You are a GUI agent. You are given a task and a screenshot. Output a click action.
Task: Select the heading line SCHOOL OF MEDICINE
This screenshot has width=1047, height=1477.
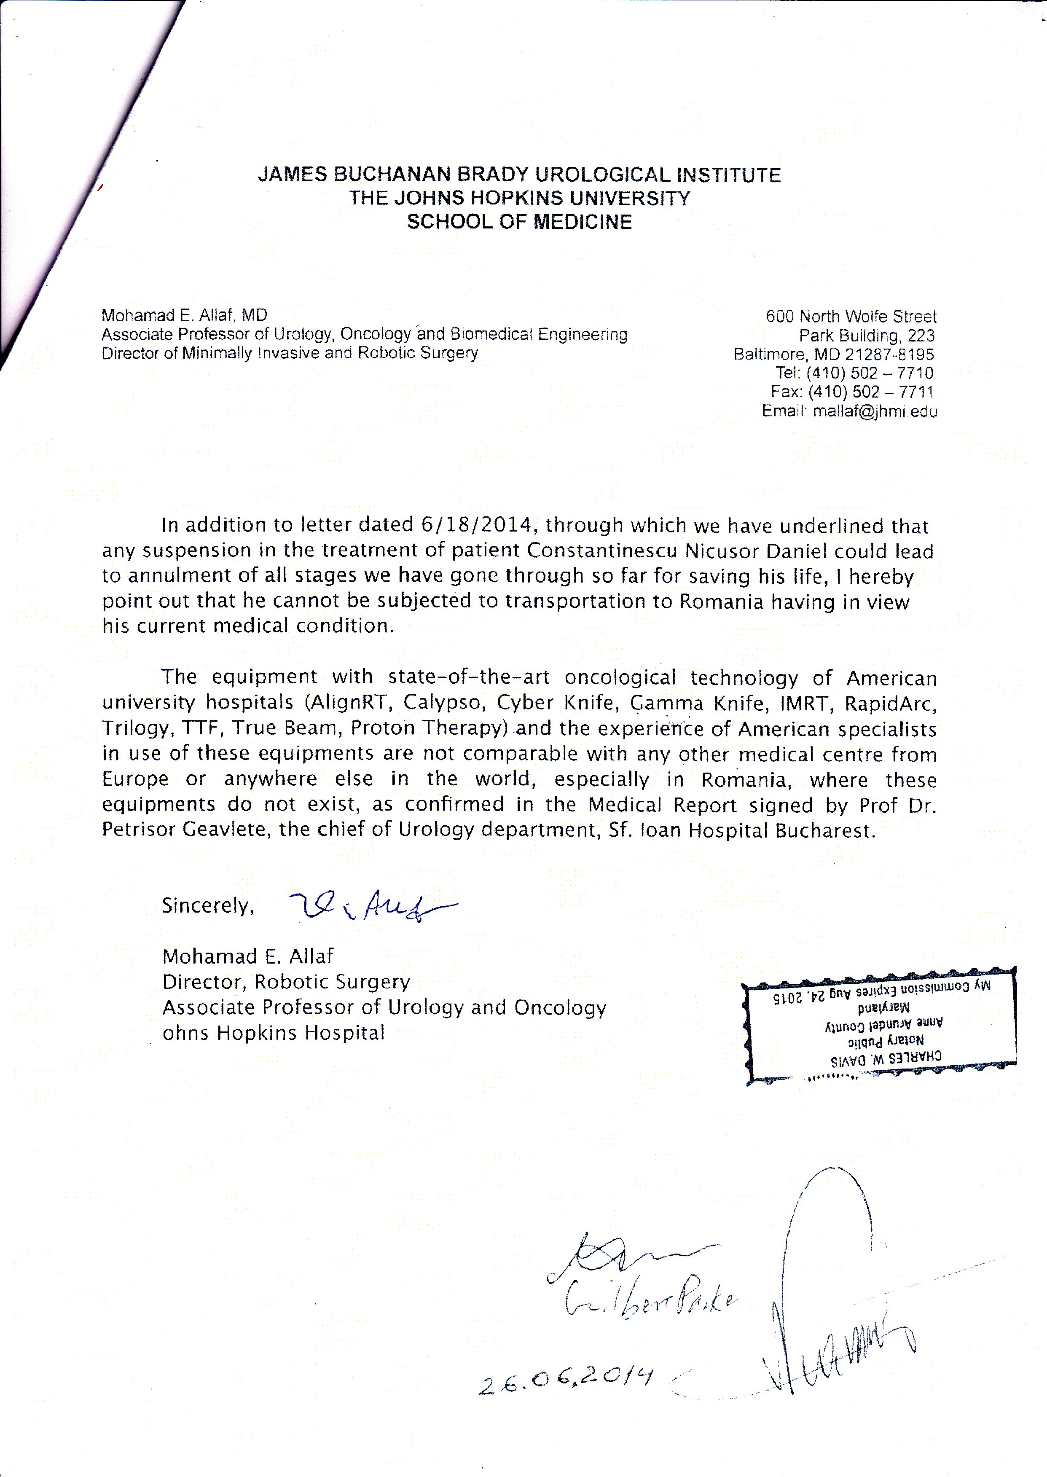point(519,223)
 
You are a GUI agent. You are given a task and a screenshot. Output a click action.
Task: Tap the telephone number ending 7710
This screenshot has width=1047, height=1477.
point(870,373)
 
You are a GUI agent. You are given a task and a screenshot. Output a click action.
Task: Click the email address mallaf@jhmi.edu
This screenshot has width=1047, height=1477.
point(875,411)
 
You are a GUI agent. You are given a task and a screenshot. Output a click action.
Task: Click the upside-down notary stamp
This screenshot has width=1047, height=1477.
point(880,1025)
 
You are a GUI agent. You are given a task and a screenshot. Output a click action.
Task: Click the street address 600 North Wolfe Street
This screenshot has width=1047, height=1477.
point(851,317)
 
